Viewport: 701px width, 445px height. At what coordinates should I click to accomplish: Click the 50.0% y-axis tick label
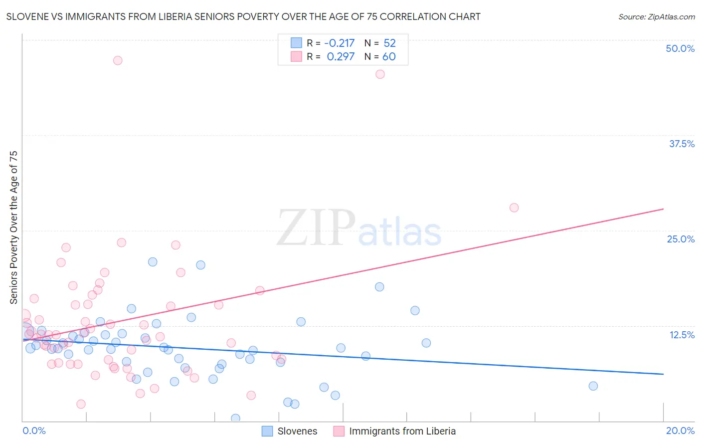click(680, 48)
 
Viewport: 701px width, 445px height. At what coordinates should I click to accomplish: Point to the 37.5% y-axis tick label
click(682, 144)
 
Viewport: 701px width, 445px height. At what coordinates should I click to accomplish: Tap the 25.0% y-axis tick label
click(681, 239)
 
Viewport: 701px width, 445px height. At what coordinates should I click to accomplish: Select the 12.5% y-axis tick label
click(682, 335)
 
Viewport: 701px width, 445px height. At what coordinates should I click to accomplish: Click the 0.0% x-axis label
click(34, 431)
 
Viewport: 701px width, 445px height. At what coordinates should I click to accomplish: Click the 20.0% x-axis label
click(680, 431)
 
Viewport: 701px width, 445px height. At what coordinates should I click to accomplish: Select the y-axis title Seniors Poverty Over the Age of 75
click(14, 227)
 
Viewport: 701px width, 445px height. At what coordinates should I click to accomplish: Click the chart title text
click(243, 16)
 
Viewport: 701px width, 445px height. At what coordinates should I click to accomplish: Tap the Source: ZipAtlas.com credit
click(656, 16)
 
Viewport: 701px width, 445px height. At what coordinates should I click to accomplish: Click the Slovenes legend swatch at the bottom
click(267, 431)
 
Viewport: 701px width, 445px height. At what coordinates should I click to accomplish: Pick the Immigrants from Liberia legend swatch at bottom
click(339, 431)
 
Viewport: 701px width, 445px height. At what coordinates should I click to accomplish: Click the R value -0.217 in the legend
click(339, 43)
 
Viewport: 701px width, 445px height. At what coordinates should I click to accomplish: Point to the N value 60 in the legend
click(389, 56)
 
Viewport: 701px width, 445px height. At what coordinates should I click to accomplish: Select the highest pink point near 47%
click(118, 60)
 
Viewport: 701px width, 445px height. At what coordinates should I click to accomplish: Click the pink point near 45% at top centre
click(380, 74)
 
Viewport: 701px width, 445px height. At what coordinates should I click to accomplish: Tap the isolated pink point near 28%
click(514, 208)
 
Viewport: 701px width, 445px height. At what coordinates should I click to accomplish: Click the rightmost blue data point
click(593, 386)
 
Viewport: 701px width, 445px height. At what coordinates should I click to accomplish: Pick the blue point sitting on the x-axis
click(235, 418)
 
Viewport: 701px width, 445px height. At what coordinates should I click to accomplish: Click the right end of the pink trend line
click(663, 209)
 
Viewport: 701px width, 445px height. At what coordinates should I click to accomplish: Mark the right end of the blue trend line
click(663, 374)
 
